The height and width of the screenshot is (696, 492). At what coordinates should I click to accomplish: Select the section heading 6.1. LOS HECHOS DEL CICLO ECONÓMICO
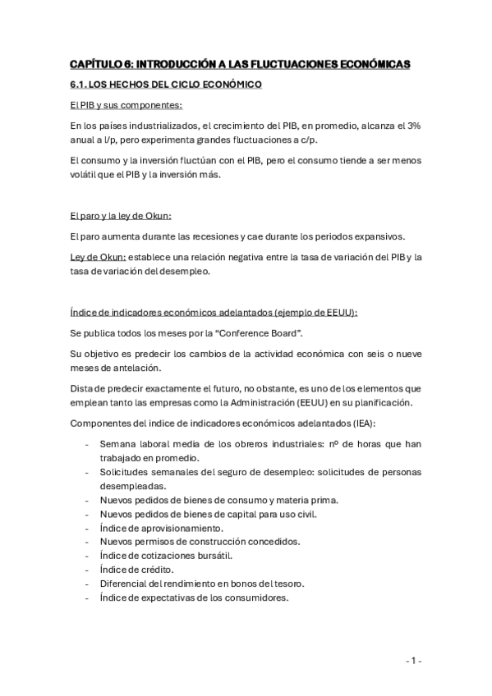click(166, 85)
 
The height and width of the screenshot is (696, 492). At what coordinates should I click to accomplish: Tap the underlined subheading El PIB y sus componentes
click(126, 105)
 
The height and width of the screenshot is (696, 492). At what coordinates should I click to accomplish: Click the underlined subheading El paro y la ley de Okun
click(121, 216)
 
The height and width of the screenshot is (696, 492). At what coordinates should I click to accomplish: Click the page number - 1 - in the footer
click(414, 661)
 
